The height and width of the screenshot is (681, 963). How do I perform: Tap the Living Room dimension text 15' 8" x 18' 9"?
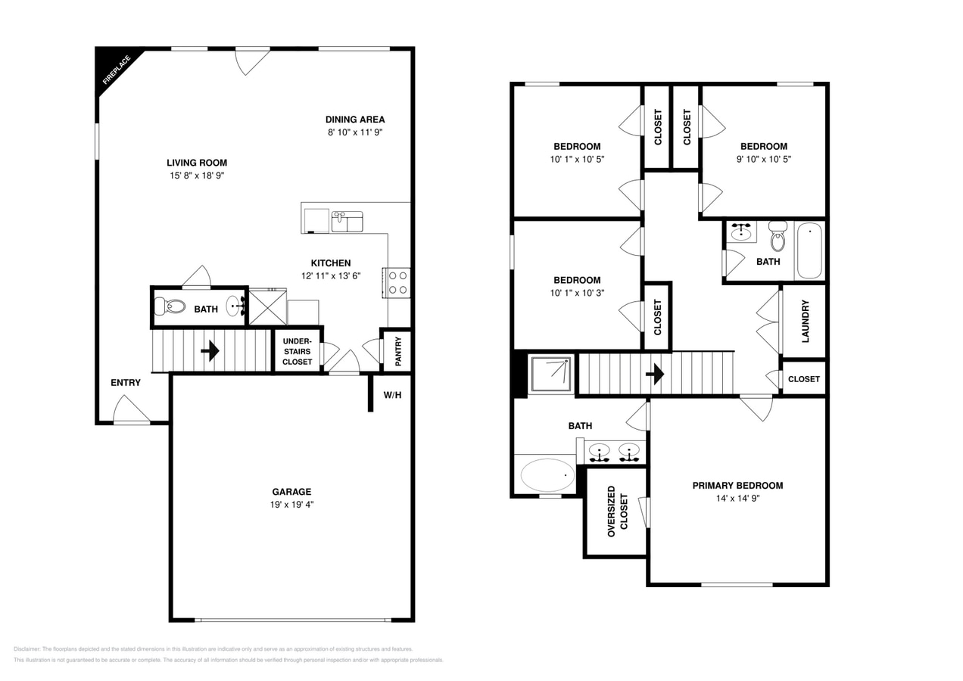coord(197,176)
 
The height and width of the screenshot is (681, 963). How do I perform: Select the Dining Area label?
coord(355,120)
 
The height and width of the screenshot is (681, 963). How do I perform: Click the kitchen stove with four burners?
coord(398,282)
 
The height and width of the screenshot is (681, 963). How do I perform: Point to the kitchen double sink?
coord(347,221)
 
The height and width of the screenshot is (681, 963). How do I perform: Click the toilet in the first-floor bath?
coord(170,306)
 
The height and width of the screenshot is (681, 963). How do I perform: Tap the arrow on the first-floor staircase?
coord(210,350)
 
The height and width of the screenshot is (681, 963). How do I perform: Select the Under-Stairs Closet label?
coord(297,351)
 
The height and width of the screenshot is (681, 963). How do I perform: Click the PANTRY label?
coord(397,350)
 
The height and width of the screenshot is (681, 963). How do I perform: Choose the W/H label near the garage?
coord(392,395)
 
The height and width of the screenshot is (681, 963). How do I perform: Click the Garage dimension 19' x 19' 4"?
coord(291,504)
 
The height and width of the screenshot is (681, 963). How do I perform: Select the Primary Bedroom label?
coord(737,486)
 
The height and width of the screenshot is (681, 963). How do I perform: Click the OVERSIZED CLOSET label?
coord(617,512)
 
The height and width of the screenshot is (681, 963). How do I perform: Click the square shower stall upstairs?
coord(551,373)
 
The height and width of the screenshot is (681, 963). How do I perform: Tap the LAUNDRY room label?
coord(805,321)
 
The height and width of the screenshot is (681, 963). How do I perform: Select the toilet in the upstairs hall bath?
coord(778,237)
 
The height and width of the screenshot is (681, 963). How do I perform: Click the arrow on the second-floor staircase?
coord(655,374)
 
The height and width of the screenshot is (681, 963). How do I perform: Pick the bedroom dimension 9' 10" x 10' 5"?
coord(763,159)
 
